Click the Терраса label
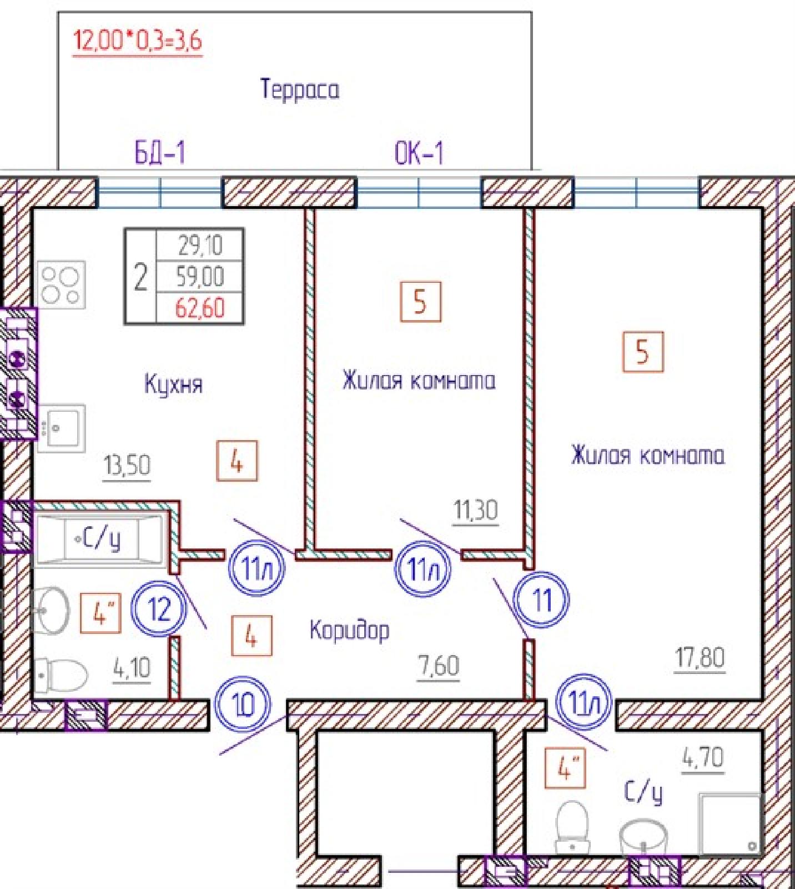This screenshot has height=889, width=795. [x=299, y=89]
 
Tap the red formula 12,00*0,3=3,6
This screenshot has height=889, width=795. [x=138, y=41]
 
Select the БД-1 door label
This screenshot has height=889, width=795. [x=160, y=152]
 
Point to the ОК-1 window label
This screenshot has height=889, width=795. [x=419, y=153]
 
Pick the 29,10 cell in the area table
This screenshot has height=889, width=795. [x=200, y=245]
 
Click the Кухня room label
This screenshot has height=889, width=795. [x=173, y=384]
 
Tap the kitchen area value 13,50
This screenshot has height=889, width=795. [x=127, y=466]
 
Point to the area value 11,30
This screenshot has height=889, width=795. [x=476, y=510]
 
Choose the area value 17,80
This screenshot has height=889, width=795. [x=700, y=658]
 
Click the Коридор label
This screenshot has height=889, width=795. [x=350, y=631]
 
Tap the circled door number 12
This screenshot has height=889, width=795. [x=160, y=609]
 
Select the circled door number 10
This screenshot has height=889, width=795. [x=243, y=705]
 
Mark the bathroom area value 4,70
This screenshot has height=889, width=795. [x=703, y=758]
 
